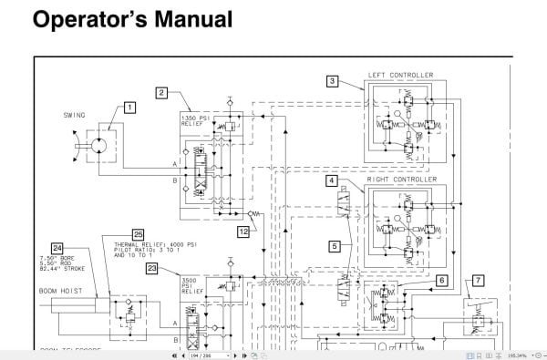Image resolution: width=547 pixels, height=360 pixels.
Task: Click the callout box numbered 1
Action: [x=129, y=107]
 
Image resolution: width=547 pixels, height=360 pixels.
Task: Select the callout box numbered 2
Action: [x=160, y=92]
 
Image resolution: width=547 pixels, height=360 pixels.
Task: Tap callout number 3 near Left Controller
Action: [x=333, y=81]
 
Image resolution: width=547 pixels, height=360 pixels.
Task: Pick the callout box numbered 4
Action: [x=333, y=180]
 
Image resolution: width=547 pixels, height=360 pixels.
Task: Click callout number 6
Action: [x=441, y=280]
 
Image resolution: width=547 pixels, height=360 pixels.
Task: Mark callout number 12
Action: [x=243, y=231]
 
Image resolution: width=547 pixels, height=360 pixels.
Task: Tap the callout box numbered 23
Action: [x=151, y=267]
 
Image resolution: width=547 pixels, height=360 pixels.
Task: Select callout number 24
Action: [x=57, y=247]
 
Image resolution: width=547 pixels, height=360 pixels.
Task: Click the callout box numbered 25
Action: [x=138, y=233]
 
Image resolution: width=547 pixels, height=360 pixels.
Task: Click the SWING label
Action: [x=75, y=116]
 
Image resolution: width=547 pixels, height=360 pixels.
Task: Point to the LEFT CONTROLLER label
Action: [x=400, y=75]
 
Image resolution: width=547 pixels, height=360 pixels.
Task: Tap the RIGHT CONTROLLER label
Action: [x=401, y=180]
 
